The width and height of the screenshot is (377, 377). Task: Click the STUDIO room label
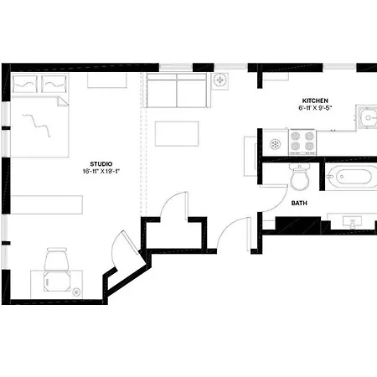[x=101, y=164]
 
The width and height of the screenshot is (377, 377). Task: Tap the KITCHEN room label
[x=315, y=101]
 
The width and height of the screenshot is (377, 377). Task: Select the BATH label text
[x=299, y=203]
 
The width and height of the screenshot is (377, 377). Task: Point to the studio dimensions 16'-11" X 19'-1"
[x=101, y=171]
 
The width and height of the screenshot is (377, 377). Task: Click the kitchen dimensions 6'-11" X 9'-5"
[x=315, y=108]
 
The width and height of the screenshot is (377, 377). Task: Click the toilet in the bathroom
[x=299, y=177]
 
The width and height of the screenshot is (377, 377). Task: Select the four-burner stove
[x=302, y=142]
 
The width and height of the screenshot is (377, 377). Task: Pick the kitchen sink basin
[x=368, y=118]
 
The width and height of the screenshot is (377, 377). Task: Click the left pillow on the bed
[x=25, y=84]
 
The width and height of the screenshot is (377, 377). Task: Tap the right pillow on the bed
[x=54, y=84]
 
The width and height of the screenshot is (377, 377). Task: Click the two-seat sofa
[x=177, y=90]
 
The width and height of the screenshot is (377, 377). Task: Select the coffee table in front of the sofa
[x=177, y=133]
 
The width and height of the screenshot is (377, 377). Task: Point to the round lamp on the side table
[x=220, y=80]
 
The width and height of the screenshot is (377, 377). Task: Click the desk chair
[x=57, y=259]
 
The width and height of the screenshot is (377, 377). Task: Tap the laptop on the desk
[x=57, y=281]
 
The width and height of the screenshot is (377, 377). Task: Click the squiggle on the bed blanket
[x=36, y=125]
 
